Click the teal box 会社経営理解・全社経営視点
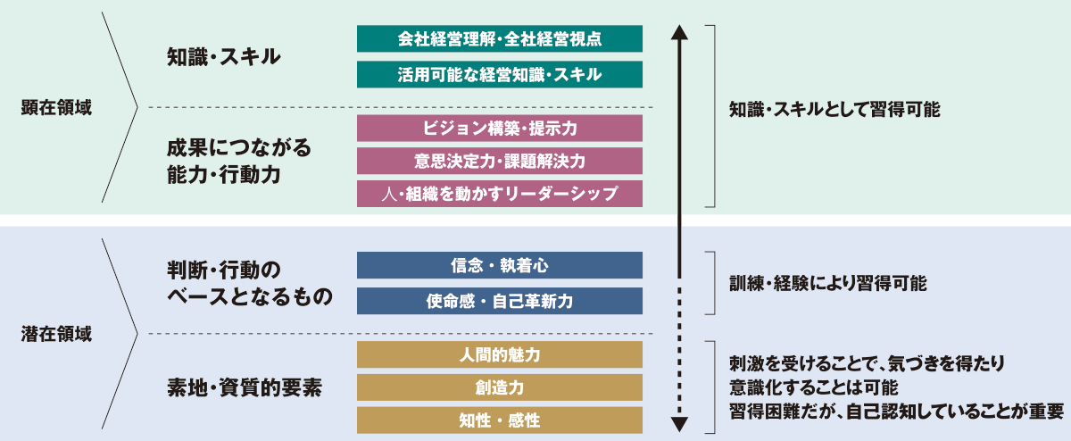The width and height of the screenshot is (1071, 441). (x=499, y=39)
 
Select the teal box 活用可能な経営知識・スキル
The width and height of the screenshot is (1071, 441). (x=499, y=75)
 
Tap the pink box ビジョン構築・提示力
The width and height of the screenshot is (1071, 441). (x=499, y=129)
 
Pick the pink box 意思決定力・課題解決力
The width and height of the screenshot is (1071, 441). (x=499, y=161)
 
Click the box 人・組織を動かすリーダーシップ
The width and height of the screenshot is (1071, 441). (x=499, y=193)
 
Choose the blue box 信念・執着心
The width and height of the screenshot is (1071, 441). (x=499, y=266)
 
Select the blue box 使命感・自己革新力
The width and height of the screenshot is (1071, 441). (x=499, y=301)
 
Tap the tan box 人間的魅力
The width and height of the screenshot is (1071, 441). (x=499, y=354)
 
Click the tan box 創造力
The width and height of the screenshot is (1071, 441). (x=499, y=387)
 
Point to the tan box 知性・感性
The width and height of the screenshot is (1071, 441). (x=499, y=420)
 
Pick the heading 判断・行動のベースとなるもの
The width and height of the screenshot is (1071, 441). (x=249, y=283)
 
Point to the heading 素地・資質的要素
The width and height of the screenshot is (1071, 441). (x=245, y=387)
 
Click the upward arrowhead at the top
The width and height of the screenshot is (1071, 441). (x=680, y=34)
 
